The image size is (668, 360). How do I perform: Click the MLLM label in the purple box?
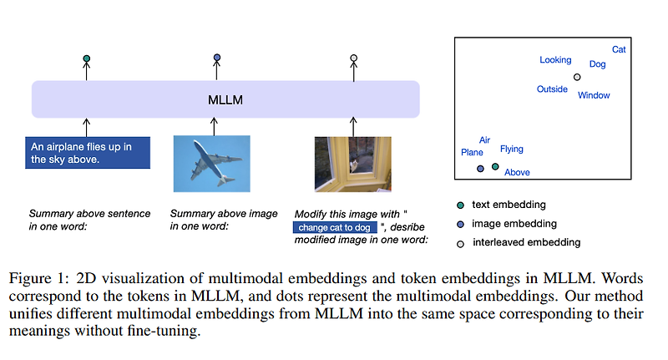click(225, 100)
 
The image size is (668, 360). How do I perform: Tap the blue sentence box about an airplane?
click(88, 153)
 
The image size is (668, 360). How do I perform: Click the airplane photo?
click(212, 165)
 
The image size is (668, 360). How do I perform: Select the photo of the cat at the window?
click(352, 165)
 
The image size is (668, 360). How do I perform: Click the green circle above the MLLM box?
click(87, 58)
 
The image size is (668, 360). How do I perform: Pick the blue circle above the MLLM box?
click(217, 58)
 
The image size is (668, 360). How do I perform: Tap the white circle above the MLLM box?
click(353, 58)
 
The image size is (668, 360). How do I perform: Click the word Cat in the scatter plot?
click(619, 50)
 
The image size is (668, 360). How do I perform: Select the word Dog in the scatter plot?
click(597, 64)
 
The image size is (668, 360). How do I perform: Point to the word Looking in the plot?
click(555, 60)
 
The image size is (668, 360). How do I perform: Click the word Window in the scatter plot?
click(594, 95)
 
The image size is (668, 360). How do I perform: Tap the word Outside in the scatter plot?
click(552, 89)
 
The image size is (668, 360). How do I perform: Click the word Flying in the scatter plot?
click(511, 150)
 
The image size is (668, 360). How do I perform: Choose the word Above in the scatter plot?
click(517, 173)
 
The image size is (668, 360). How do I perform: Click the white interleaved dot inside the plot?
click(576, 78)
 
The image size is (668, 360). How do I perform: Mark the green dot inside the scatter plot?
click(495, 167)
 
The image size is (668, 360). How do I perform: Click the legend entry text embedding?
click(509, 205)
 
